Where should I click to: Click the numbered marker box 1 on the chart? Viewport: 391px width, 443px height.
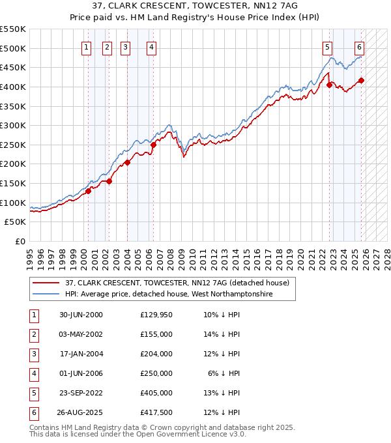(86, 47)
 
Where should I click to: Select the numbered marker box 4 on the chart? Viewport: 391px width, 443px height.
(151, 47)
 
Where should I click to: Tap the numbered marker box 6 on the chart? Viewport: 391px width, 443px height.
(359, 47)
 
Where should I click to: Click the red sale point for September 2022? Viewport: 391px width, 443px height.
(329, 85)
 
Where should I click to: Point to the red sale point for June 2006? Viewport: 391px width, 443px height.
(153, 145)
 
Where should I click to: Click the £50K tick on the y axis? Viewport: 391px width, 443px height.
(16, 222)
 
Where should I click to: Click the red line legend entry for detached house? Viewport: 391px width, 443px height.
(181, 283)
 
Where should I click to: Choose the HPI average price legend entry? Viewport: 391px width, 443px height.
(167, 294)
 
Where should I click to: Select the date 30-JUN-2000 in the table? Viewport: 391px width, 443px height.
(81, 315)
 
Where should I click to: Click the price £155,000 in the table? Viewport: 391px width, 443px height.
(156, 334)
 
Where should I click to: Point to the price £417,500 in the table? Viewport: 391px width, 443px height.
(156, 412)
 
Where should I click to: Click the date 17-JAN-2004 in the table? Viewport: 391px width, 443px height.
(81, 354)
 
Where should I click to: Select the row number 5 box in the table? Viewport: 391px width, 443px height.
(33, 393)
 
